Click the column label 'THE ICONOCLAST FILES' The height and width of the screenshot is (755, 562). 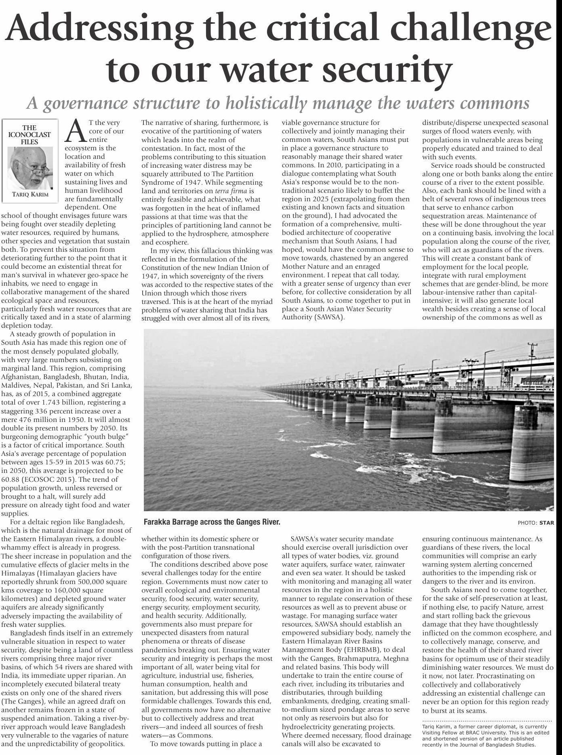[29, 135]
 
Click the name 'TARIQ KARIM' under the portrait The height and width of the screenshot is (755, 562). [30, 194]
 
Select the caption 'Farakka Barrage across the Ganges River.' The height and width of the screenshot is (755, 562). [212, 522]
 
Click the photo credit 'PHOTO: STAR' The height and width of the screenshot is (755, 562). [539, 523]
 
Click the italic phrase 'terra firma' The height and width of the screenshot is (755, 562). [231, 191]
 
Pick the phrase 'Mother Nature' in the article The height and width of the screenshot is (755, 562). [303, 267]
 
